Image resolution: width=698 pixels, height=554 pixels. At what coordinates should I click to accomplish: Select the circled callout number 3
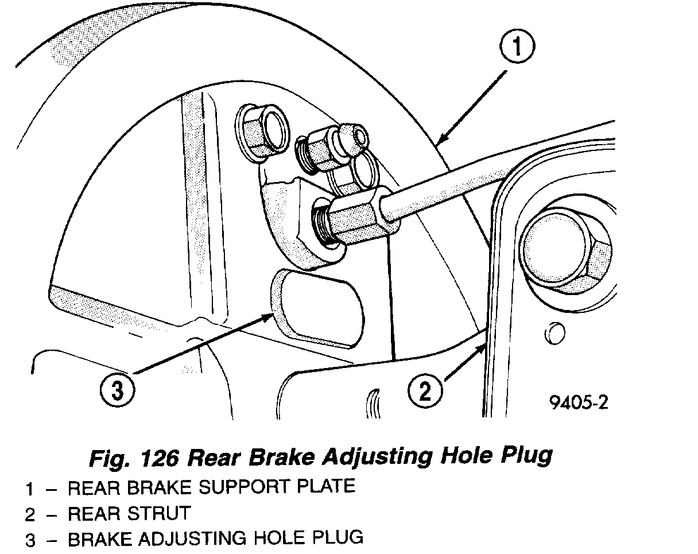tap(118, 392)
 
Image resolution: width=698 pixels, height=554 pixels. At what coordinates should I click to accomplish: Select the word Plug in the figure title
tap(526, 456)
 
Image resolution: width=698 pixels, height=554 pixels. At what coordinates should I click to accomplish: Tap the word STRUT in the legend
tap(158, 513)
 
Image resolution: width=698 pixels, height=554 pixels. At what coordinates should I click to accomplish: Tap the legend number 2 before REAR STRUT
tap(29, 514)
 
